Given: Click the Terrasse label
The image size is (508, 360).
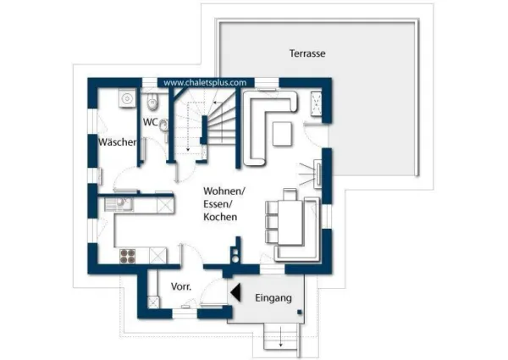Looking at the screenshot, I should [307, 53].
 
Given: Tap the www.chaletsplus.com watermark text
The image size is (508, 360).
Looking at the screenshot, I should [205, 83].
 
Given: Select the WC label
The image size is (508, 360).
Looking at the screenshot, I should [149, 122].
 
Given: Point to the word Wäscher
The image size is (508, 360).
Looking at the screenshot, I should [118, 142].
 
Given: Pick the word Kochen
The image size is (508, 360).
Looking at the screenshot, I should [219, 218].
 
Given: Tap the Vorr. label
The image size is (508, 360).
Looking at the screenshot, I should [181, 287].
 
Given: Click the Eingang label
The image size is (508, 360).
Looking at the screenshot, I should [273, 298].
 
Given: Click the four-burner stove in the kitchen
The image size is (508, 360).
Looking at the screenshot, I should [128, 255].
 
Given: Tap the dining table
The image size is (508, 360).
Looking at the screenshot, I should [290, 218].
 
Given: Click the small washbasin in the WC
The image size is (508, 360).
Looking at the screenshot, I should [163, 124].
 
